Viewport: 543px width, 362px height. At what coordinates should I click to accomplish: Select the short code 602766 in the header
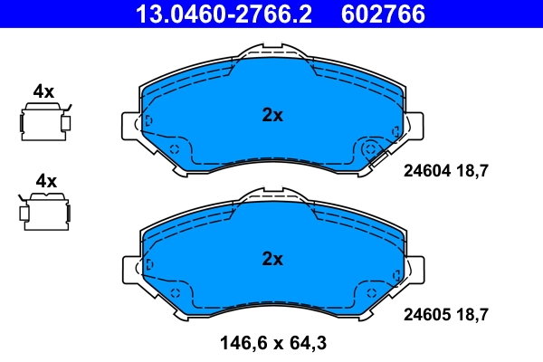click(381, 14)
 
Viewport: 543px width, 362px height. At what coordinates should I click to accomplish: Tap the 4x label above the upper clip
click(43, 90)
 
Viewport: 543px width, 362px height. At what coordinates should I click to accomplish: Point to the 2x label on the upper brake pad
click(272, 115)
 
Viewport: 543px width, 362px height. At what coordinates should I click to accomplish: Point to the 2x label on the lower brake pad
click(272, 259)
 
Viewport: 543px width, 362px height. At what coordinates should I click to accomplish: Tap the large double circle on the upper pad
click(370, 151)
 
